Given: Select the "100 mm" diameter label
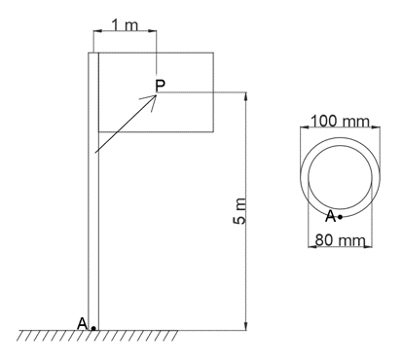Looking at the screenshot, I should click(x=341, y=122).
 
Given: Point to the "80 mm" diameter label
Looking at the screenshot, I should click(x=338, y=238).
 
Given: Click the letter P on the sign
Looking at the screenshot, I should click(x=160, y=86).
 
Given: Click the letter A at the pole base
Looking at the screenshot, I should click(x=83, y=322).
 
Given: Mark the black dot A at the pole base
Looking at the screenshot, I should click(x=93, y=328).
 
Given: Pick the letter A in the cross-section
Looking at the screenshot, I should click(x=331, y=215).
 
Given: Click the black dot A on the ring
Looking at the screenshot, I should click(x=340, y=217).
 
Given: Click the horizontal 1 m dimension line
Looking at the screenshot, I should click(x=125, y=32).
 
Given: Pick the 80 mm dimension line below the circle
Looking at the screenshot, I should click(x=341, y=247).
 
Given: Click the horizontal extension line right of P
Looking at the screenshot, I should click(x=209, y=92).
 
